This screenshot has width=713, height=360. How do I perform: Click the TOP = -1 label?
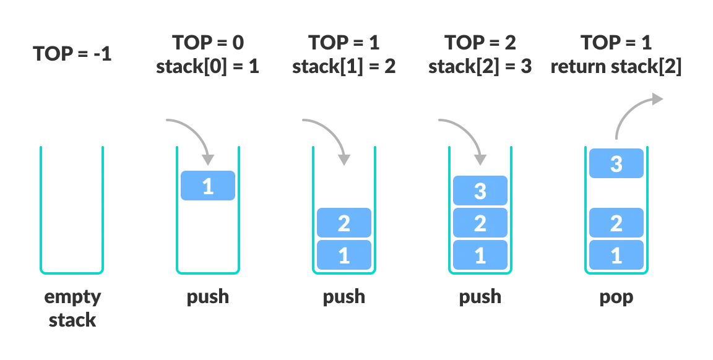72,53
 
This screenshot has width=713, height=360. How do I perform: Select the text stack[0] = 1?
208,66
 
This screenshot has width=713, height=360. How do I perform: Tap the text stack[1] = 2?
344,66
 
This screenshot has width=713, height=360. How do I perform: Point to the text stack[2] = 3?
480,66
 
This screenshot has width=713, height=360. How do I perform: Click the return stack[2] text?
616,66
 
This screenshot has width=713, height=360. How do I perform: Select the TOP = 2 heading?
480,43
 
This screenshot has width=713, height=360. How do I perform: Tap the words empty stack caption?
72,308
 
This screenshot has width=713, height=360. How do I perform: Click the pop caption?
616,297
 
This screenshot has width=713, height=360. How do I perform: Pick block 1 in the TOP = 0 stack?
208,186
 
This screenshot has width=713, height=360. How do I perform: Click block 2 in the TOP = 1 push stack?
344,223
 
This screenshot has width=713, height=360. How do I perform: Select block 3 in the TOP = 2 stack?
480,191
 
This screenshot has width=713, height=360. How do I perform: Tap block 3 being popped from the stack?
616,163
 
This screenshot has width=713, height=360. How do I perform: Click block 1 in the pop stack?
616,255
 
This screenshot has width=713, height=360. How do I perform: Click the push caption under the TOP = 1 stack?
344,297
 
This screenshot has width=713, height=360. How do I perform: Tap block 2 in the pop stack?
616,223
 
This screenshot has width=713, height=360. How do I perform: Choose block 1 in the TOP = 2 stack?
480,255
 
